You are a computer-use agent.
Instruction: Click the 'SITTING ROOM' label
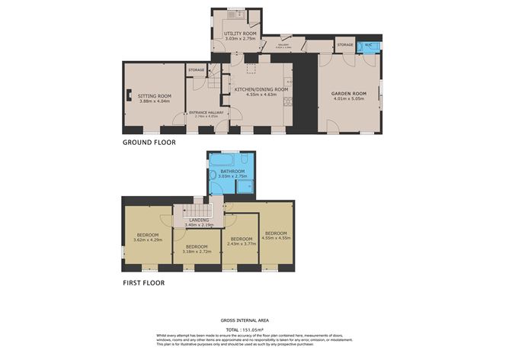(152, 97)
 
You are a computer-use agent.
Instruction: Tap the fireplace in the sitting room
(130, 97)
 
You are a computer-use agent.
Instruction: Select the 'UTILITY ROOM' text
(241, 33)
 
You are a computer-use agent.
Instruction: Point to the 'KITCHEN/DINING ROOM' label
(261, 89)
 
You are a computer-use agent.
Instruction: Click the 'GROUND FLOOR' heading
(149, 143)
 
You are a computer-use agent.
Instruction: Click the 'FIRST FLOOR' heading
(143, 282)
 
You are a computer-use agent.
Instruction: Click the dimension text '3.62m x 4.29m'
(147, 240)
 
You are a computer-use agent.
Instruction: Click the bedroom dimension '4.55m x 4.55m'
(275, 238)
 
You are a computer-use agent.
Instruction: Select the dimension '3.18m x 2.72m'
(196, 252)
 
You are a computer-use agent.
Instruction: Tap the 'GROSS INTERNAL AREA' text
(244, 320)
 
